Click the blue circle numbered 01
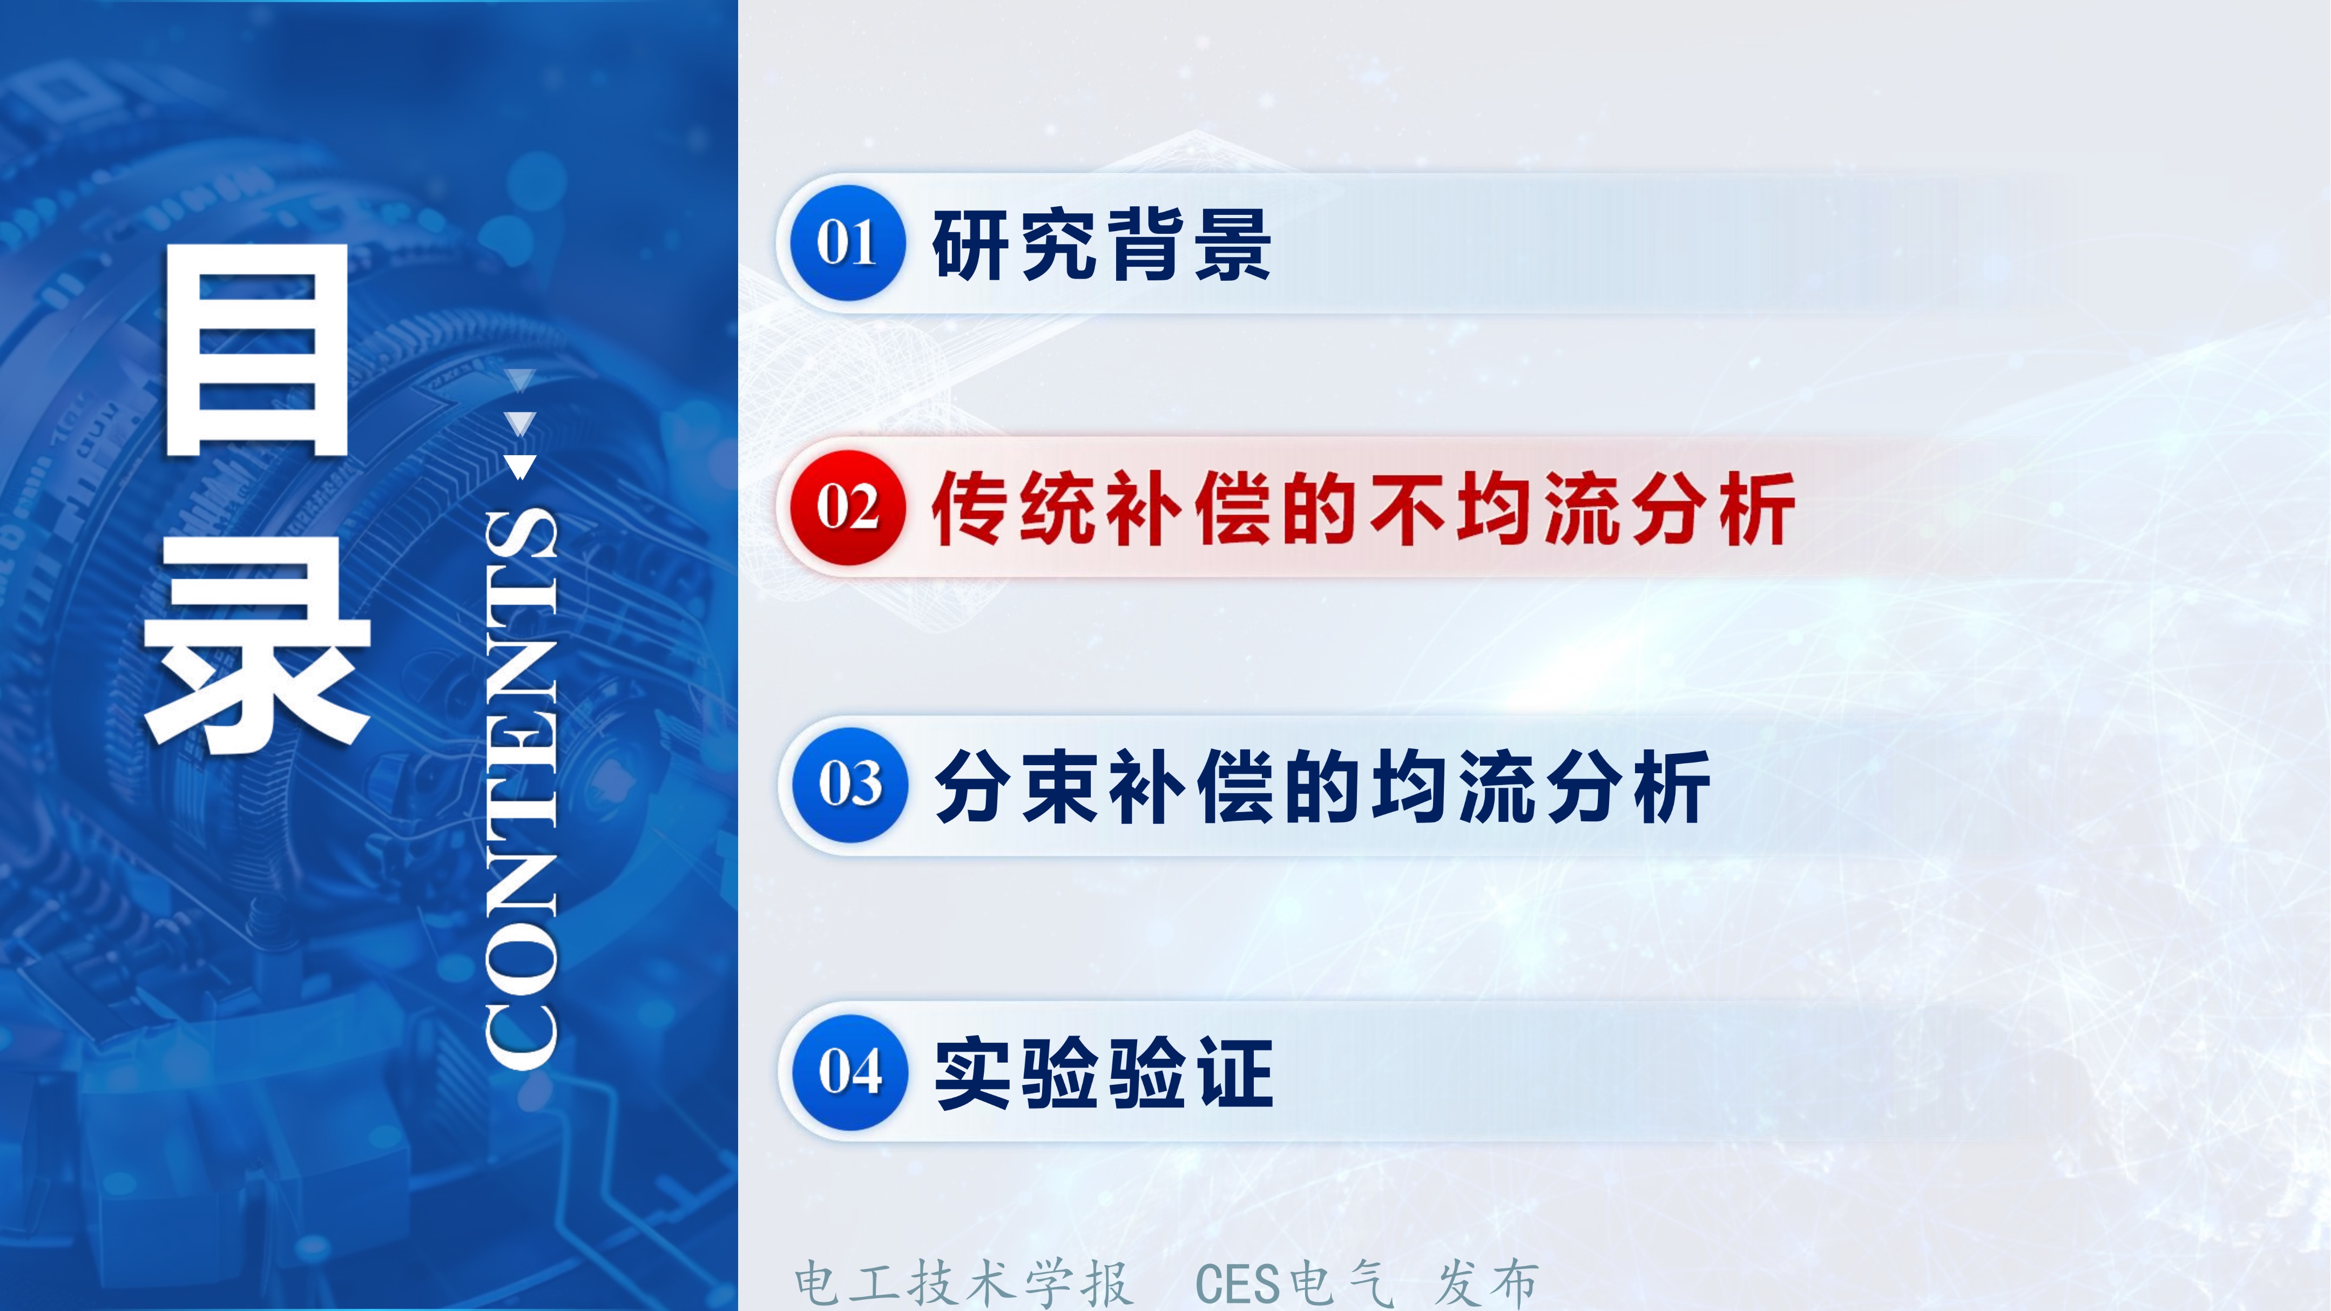[848, 242]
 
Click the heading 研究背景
[1102, 244]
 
